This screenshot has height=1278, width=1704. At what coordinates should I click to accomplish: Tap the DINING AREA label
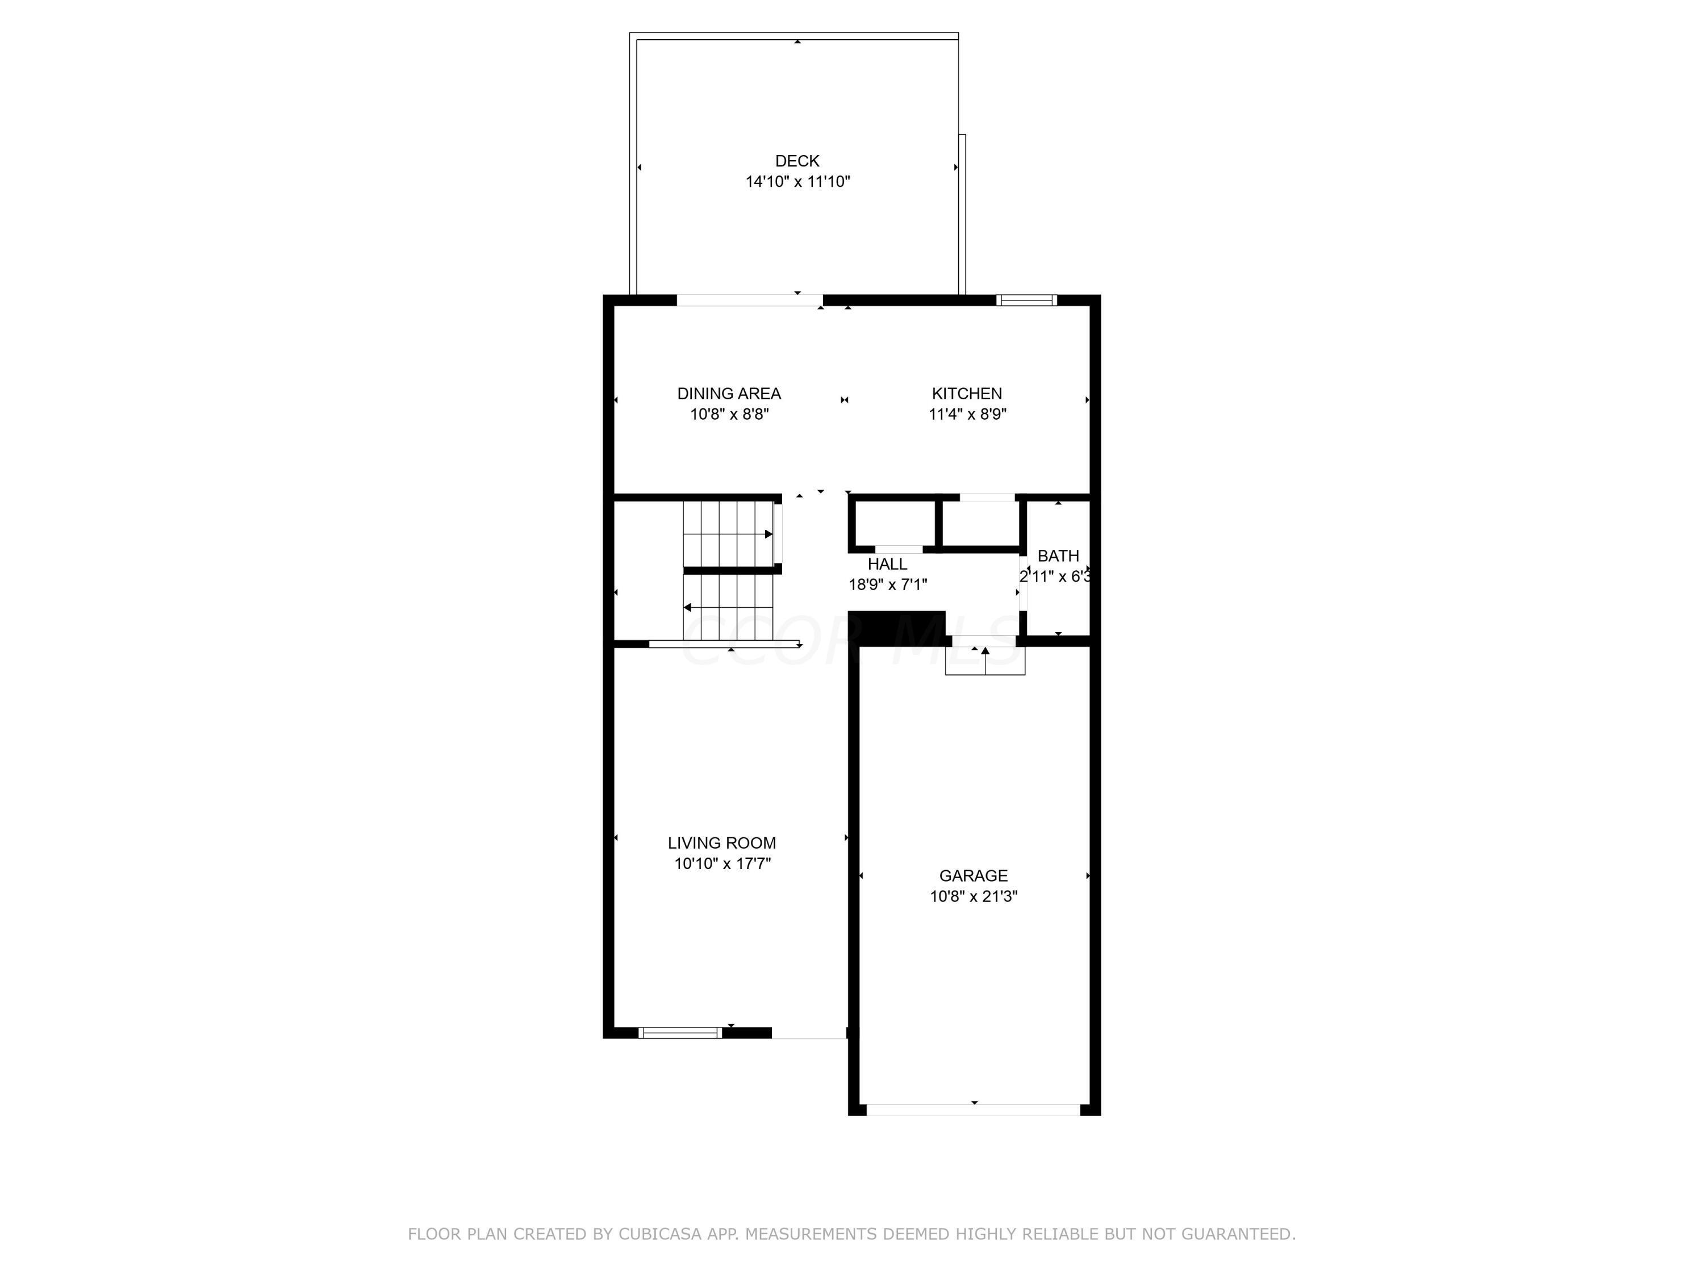(x=729, y=394)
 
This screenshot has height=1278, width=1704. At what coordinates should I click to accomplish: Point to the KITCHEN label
(x=966, y=394)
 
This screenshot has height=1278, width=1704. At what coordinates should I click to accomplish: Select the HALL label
(x=887, y=564)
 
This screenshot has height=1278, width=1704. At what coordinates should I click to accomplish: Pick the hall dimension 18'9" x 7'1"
(x=887, y=584)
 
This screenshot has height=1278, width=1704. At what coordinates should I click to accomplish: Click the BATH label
(x=1057, y=556)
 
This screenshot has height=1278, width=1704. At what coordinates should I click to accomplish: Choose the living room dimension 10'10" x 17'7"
(x=722, y=863)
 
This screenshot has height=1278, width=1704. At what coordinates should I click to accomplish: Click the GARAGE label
(x=973, y=875)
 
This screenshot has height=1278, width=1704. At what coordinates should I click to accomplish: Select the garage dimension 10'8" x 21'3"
(x=973, y=896)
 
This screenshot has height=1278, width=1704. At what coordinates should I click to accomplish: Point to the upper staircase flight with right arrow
(x=728, y=533)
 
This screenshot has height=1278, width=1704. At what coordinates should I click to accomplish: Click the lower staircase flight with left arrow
(x=728, y=607)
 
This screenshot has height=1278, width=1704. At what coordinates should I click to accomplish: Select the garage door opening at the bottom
(x=973, y=1109)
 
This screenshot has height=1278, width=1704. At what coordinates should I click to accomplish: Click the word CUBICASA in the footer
(x=659, y=1234)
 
